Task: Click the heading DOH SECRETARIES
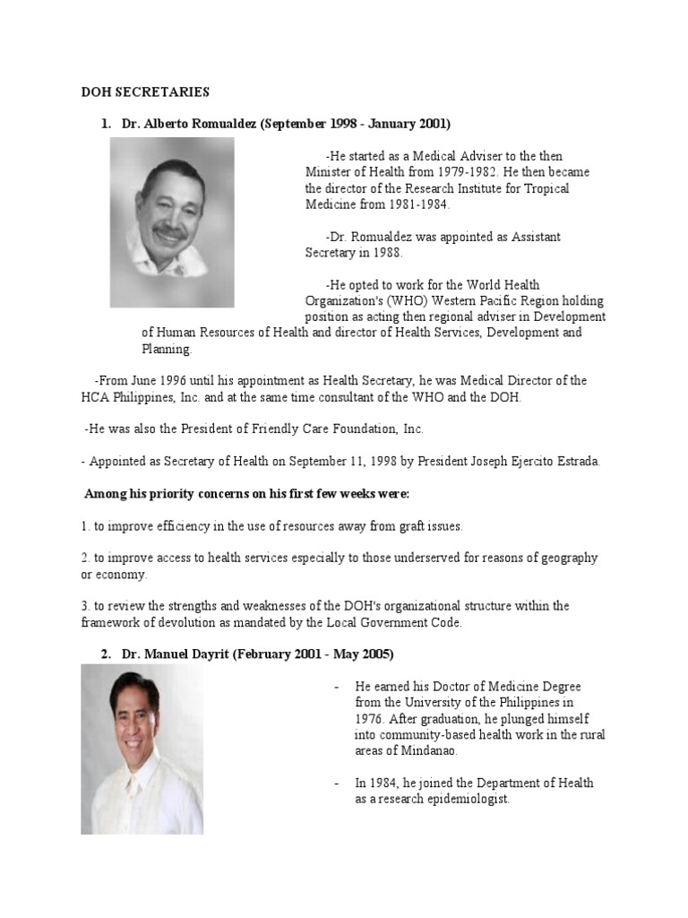pos(145,91)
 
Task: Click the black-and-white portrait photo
pos(172,222)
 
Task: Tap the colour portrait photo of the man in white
pos(142,749)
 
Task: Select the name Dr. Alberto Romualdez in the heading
pos(189,123)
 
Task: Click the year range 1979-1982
pos(460,172)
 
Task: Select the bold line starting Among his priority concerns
pos(246,494)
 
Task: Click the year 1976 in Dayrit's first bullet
pos(370,718)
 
